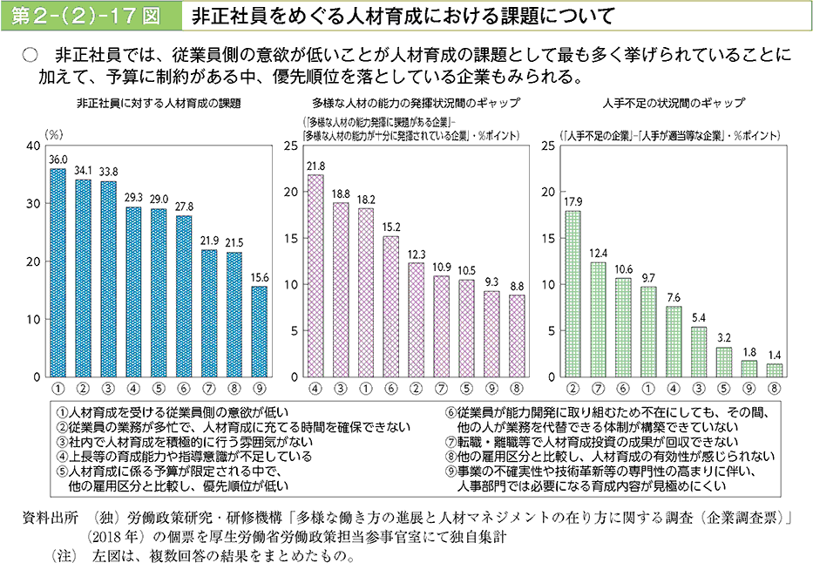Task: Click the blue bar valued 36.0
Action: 58,273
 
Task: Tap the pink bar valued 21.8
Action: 315,275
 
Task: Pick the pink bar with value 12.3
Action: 417,320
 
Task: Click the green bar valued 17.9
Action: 572,294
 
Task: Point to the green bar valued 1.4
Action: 775,370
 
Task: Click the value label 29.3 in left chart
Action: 133,198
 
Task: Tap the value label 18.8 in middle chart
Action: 341,193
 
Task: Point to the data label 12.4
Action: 598,253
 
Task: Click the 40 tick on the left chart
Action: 32,146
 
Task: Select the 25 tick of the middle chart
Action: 291,146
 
